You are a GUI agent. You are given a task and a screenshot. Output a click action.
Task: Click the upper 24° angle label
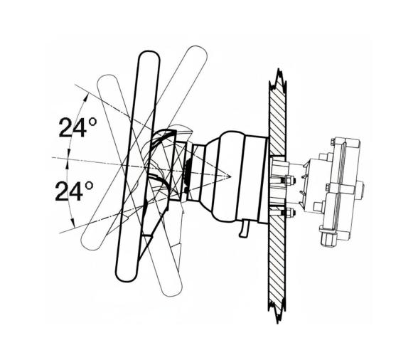[x=77, y=128]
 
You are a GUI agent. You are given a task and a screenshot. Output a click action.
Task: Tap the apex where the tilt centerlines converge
[x=230, y=174]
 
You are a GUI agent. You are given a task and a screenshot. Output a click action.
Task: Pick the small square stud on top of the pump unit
[x=323, y=155]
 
